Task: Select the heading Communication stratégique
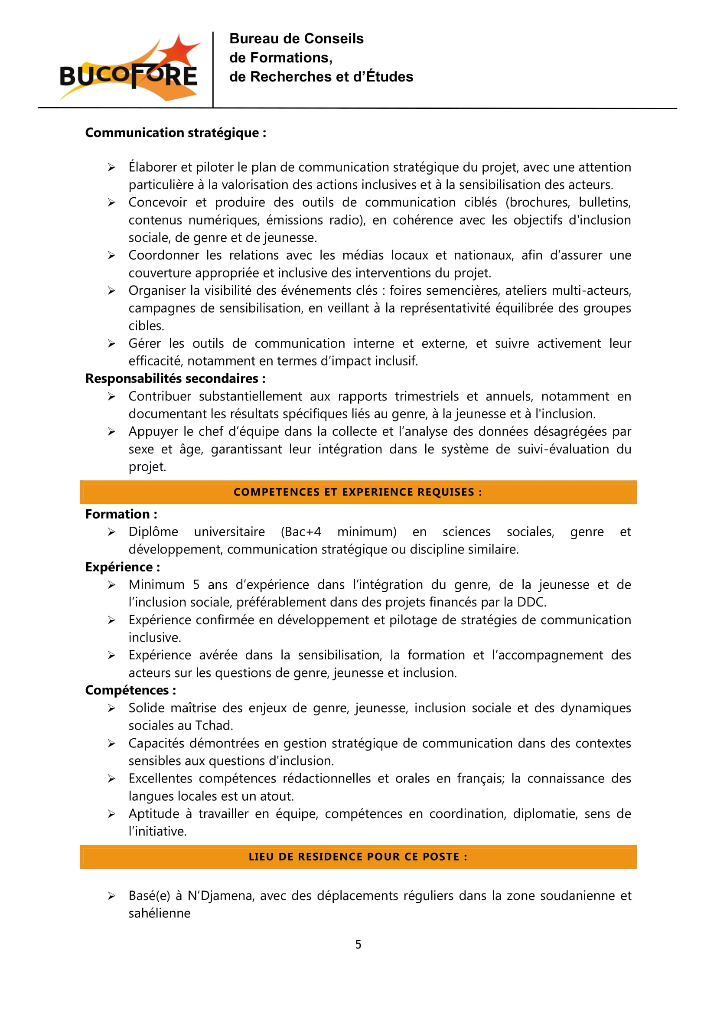coord(176,133)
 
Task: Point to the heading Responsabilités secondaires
coord(175,378)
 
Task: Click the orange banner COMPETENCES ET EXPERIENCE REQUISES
coord(358,492)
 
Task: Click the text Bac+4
coord(301,532)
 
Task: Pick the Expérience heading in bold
coord(123,567)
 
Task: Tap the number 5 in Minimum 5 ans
coord(196,585)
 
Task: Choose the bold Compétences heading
coord(130,690)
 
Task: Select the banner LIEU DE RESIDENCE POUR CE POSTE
coord(358,856)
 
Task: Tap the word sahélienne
coord(160,913)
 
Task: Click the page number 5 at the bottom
coord(358,944)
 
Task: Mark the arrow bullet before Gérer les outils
coord(112,344)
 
